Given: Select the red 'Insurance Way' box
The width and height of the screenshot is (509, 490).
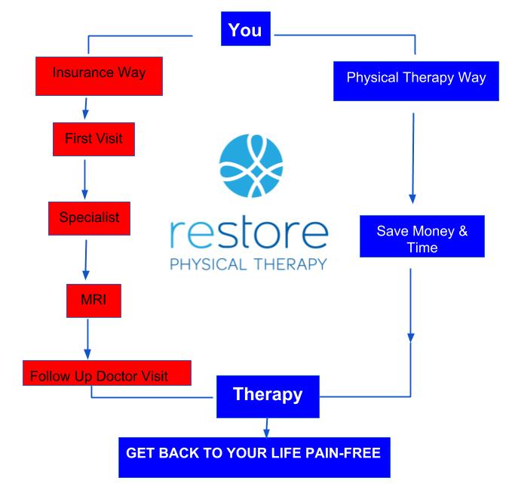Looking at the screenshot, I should coord(99,74).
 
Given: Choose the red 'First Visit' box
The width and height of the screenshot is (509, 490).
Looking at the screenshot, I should coord(93,139).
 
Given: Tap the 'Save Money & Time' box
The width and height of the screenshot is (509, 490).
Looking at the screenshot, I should coord(422,237).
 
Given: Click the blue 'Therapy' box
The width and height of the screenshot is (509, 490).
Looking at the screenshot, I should coord(268,394).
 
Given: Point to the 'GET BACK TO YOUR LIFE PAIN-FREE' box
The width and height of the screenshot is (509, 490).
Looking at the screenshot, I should coord(254,455).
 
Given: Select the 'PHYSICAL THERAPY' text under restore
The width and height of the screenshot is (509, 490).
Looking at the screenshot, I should coord(249,264).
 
